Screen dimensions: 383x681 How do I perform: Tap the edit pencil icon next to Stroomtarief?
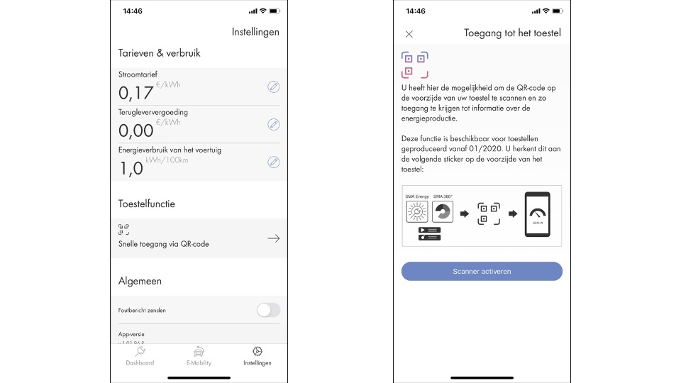coord(273,87)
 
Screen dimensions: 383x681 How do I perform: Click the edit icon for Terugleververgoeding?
coord(273,124)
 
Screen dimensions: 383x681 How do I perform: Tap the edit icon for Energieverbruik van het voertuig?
coord(273,162)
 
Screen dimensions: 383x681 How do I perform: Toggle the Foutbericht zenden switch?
coord(268,310)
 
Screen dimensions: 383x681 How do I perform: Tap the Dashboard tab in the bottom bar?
coord(140,356)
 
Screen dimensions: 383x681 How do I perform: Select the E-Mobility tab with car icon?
coord(199,356)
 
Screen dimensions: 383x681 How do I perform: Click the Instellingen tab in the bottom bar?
coord(257,356)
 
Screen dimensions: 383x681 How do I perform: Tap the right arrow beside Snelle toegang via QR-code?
coord(273,238)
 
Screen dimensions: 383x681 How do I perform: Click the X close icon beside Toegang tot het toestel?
coord(409,34)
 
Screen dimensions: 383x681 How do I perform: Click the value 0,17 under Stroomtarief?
coord(135,93)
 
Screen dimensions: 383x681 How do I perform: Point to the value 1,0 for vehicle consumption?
coord(131,168)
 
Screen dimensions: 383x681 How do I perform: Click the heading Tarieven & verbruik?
coord(159,53)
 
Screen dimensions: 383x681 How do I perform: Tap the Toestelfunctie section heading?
coord(146,204)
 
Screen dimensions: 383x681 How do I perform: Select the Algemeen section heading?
coord(140,281)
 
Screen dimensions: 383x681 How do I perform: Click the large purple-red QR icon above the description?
coord(414,65)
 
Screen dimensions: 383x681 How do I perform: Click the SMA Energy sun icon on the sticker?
coord(416,212)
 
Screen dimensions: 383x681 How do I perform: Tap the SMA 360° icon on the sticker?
coord(442,212)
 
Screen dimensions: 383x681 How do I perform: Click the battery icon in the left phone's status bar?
coord(274,11)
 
